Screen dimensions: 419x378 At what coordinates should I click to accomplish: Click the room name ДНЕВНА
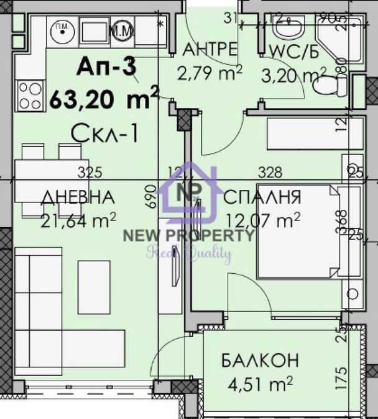click(x=78, y=198)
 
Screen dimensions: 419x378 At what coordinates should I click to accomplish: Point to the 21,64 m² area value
click(x=79, y=219)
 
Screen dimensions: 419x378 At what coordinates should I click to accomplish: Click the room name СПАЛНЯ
click(x=262, y=198)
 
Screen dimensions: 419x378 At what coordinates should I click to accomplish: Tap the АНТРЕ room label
click(x=210, y=49)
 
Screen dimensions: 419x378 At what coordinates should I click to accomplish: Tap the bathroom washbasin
click(x=287, y=28)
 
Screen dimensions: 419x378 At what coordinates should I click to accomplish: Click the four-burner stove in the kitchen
click(x=30, y=96)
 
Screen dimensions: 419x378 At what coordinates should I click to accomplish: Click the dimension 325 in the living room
click(x=90, y=173)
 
